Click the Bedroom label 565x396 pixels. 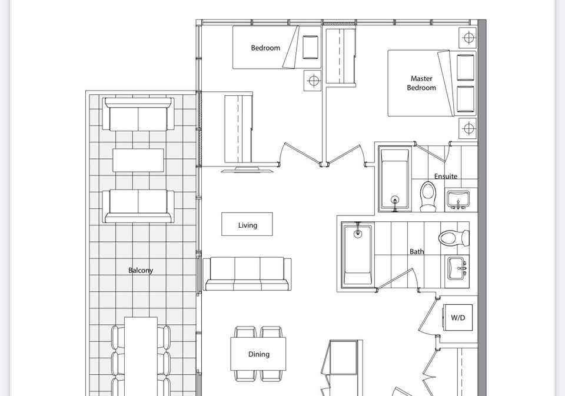(x=265, y=48)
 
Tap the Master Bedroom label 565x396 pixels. (x=421, y=83)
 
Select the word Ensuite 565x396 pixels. (x=446, y=176)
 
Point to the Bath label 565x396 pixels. (x=417, y=251)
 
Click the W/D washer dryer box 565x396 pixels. (x=458, y=318)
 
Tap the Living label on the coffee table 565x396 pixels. (x=248, y=225)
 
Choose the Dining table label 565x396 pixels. (x=259, y=354)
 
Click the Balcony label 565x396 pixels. (x=141, y=270)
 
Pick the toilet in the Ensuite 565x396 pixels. (x=428, y=197)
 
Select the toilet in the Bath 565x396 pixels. (x=454, y=238)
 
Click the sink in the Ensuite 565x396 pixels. (x=458, y=199)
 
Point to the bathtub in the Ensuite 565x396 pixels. (x=395, y=179)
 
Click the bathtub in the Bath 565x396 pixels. (x=357, y=255)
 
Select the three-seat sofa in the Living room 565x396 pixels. (x=247, y=274)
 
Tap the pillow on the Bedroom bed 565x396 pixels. (x=310, y=47)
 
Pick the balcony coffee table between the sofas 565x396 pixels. (x=138, y=160)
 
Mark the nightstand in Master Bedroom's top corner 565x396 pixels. (x=468, y=38)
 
